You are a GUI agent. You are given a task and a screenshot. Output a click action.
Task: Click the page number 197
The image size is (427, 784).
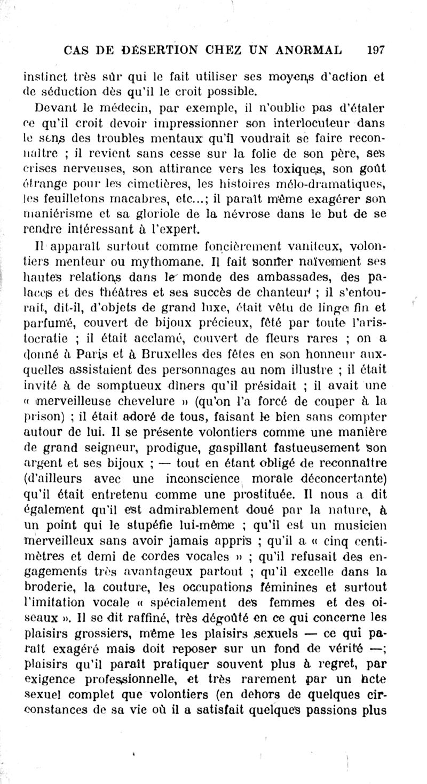click(376, 51)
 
